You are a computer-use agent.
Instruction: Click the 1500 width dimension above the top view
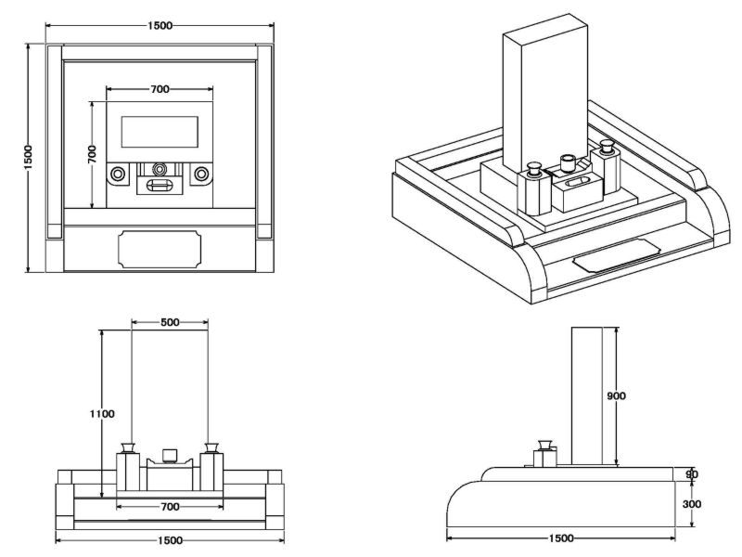[x=159, y=25]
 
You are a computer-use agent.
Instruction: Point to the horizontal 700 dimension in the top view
[x=159, y=89]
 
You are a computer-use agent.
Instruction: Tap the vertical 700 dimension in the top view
[x=92, y=154]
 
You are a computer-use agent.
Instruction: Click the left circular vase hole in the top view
[x=118, y=174]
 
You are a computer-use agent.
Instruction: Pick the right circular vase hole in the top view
[x=200, y=174]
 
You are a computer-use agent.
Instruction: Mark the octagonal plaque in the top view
[x=160, y=249]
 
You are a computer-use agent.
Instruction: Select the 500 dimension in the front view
[x=170, y=322]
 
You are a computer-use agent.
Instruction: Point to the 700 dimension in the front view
[x=168, y=507]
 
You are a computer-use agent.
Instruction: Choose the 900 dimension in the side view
[x=616, y=395]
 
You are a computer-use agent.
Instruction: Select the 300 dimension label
[x=691, y=504]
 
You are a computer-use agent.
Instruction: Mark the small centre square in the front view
[x=169, y=454]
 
